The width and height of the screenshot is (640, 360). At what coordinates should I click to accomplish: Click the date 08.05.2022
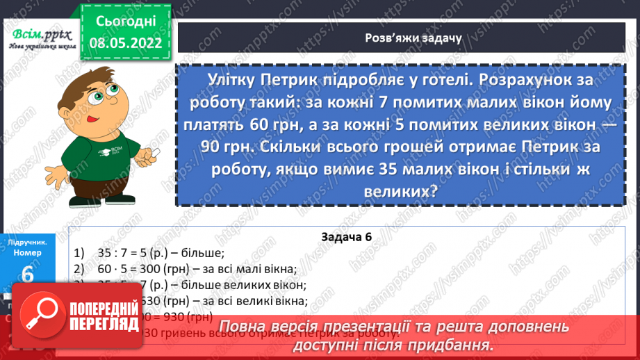(x=125, y=42)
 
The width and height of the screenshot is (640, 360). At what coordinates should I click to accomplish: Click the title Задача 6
(x=347, y=237)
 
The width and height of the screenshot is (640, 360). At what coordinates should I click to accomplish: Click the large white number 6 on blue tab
(x=27, y=275)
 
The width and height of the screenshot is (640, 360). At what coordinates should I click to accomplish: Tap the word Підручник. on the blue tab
(x=27, y=243)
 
